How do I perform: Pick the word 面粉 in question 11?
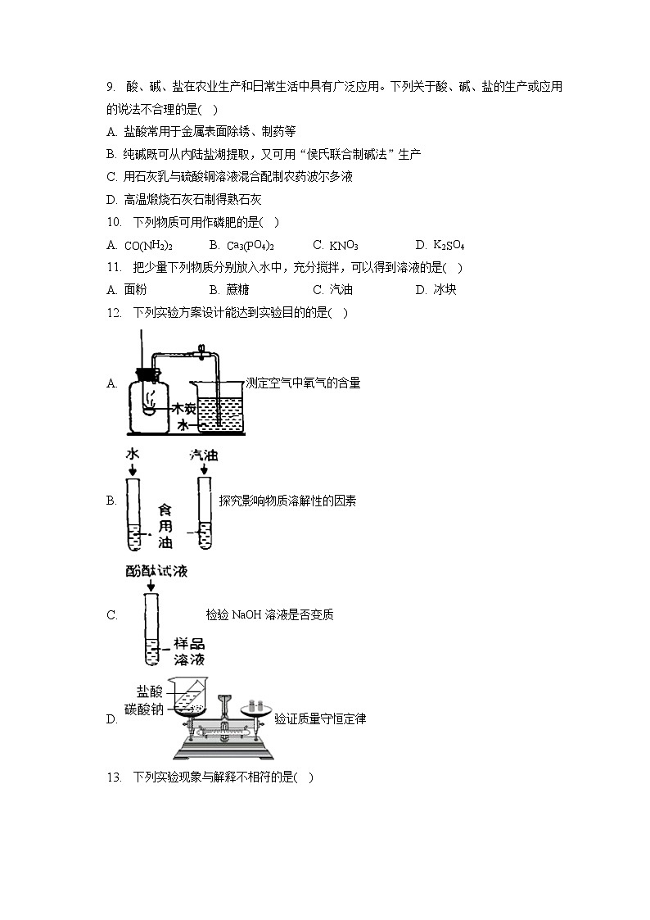tap(135, 289)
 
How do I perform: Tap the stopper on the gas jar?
tap(147, 374)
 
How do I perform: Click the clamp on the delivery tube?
tap(198, 355)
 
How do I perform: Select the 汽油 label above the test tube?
tap(203, 455)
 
